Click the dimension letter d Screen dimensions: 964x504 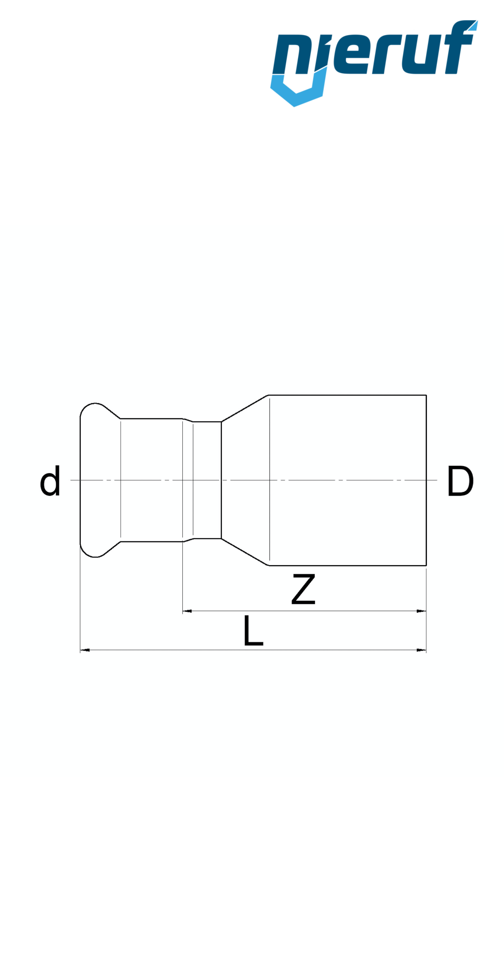point(50,482)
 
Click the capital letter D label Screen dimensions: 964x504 point(460,482)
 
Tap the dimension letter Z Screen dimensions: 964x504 point(303,590)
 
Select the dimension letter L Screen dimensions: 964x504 point(253,631)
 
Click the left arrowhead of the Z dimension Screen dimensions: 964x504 point(187,611)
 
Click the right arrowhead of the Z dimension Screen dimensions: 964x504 point(422,611)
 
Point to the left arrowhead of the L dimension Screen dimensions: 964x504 point(85,650)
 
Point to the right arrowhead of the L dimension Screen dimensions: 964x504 point(422,650)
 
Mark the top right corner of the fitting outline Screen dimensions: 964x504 point(426,395)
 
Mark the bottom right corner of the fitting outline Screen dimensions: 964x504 point(426,565)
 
